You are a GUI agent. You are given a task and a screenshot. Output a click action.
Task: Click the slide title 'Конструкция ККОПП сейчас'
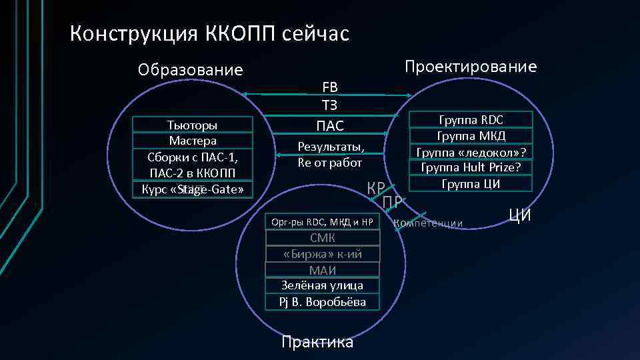click(x=209, y=33)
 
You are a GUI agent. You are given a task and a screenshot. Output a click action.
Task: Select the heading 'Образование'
click(x=190, y=70)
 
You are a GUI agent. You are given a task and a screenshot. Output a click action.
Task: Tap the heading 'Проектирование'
click(x=470, y=67)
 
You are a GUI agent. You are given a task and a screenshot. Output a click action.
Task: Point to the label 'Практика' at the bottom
click(x=317, y=343)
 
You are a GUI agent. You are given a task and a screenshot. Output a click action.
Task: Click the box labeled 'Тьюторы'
click(x=193, y=125)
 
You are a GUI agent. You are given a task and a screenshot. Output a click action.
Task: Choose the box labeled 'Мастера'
click(x=193, y=141)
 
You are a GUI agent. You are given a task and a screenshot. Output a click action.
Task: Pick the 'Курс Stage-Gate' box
click(x=193, y=190)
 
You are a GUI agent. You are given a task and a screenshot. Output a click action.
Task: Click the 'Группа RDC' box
click(x=471, y=120)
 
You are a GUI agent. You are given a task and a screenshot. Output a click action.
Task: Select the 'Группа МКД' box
click(x=471, y=136)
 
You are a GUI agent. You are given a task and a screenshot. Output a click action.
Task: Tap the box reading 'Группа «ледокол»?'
click(x=471, y=152)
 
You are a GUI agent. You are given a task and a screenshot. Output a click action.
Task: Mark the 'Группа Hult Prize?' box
click(x=471, y=167)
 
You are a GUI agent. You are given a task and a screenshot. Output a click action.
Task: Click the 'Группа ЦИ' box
click(x=471, y=183)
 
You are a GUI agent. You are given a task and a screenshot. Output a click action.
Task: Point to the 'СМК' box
click(x=323, y=238)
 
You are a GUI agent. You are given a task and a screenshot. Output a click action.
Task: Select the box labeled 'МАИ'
click(x=323, y=270)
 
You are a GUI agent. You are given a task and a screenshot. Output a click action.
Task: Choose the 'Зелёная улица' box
click(x=323, y=285)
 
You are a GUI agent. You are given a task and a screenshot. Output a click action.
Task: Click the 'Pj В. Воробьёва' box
click(x=323, y=302)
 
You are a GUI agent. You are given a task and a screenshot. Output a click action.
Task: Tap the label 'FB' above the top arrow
click(x=330, y=87)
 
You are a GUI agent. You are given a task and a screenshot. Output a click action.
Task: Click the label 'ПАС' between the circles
click(x=330, y=125)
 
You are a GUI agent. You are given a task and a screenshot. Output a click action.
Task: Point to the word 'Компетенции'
click(x=429, y=223)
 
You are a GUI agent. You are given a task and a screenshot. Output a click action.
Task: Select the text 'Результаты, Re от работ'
click(x=330, y=154)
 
